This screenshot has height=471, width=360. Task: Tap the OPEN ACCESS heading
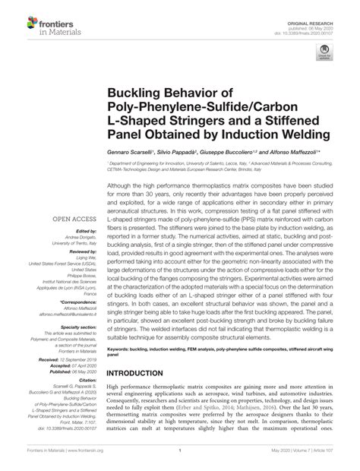coord(72,220)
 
